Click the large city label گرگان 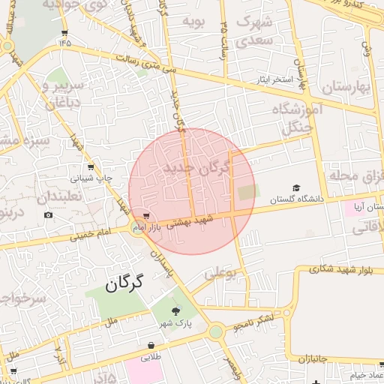pos(124,285)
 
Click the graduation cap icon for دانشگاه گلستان pos(296,187)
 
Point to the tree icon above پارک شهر pos(175,310)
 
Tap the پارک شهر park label pos(175,324)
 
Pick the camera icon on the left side pos(49,215)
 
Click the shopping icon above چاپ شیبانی pos(91,166)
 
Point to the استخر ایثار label pos(277,78)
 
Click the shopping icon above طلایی pos(151,346)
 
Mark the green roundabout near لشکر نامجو pos(216,331)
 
